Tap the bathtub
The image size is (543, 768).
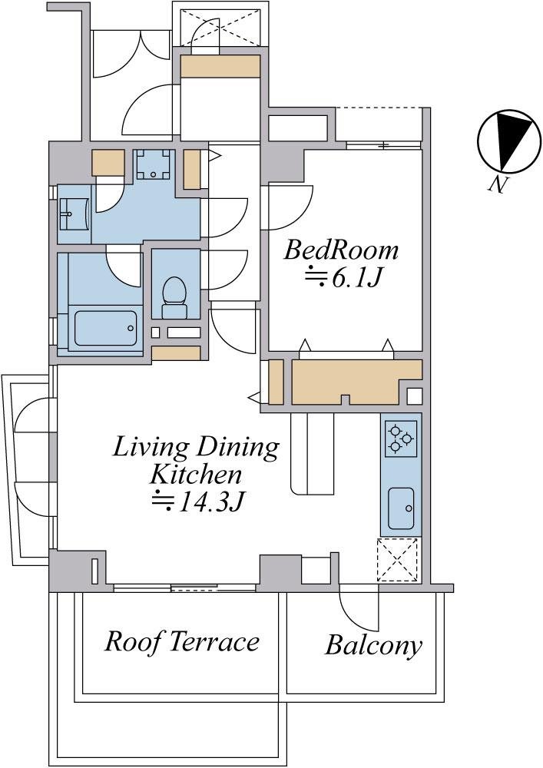pos(106,328)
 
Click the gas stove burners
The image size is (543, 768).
pos(401,439)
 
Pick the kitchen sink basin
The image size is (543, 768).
pos(401,508)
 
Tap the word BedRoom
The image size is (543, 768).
pos(341,250)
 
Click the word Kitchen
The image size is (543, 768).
pos(196,474)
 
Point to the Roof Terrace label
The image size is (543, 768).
pos(182,641)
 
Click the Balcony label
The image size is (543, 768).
pos(373,645)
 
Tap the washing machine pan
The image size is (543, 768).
pos(154,164)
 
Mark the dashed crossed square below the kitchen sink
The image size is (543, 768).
pos(399,560)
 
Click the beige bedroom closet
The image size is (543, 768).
pos(356,382)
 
